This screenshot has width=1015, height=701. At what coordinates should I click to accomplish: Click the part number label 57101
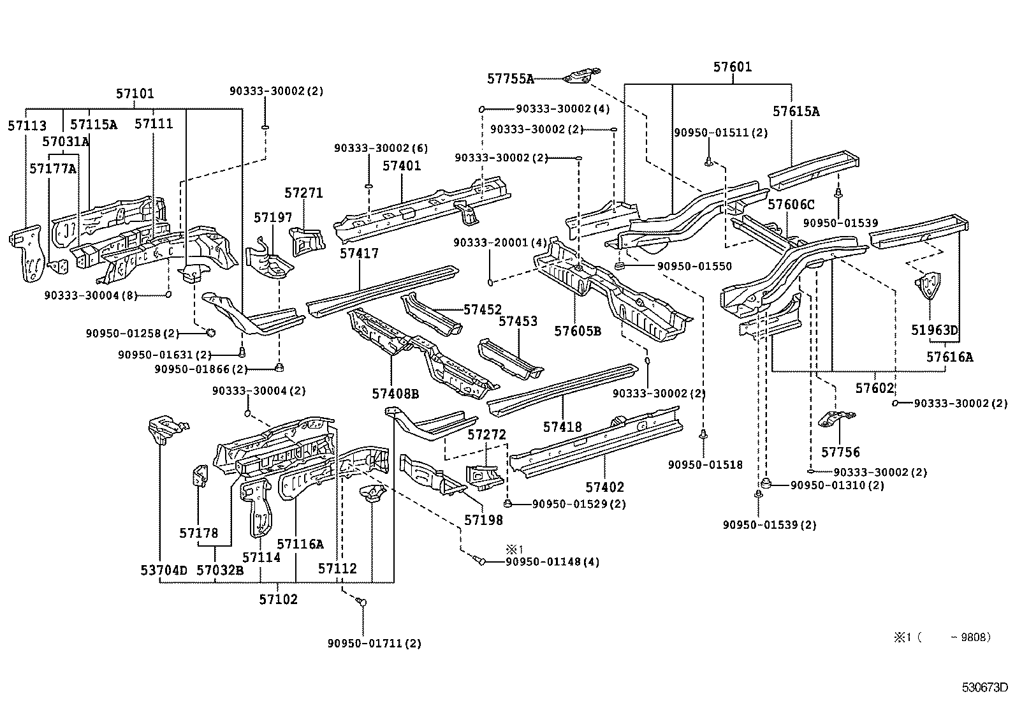pyautogui.click(x=135, y=94)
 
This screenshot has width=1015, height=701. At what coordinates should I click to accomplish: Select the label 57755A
pyautogui.click(x=510, y=78)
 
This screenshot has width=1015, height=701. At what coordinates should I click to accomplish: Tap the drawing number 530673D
pyautogui.click(x=984, y=688)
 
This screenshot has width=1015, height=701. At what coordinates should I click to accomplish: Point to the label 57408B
pyautogui.click(x=395, y=394)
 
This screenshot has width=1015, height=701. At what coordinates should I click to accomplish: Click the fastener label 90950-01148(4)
pyautogui.click(x=552, y=562)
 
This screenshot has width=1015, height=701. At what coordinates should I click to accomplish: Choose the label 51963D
pyautogui.click(x=934, y=330)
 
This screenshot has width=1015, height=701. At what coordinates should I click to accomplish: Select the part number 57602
pyautogui.click(x=875, y=388)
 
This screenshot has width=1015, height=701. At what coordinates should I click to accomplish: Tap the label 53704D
pyautogui.click(x=164, y=570)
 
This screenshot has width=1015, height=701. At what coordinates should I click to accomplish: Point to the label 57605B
pyautogui.click(x=577, y=331)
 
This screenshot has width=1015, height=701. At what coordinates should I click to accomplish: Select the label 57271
pyautogui.click(x=303, y=193)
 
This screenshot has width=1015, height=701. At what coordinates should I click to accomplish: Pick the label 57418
pyautogui.click(x=562, y=427)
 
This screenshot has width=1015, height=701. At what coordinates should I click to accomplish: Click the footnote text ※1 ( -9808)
pyautogui.click(x=942, y=637)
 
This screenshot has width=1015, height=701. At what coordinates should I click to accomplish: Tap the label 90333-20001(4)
pyautogui.click(x=500, y=242)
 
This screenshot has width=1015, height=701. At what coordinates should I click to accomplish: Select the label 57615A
pyautogui.click(x=796, y=112)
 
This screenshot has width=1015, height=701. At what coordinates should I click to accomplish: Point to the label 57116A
pyautogui.click(x=300, y=544)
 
